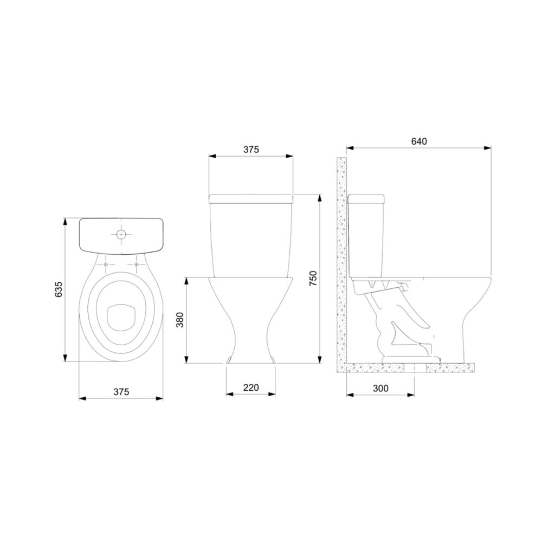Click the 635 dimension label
[x=59, y=289]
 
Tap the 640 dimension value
[x=419, y=141]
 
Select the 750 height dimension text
[x=313, y=278]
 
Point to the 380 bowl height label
[x=180, y=320]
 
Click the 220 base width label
[x=251, y=388]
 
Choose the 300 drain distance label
[x=380, y=389]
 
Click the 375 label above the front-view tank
[x=251, y=150]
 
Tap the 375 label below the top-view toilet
[x=121, y=392]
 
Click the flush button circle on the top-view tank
[x=121, y=234]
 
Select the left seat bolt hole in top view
[x=106, y=265]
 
